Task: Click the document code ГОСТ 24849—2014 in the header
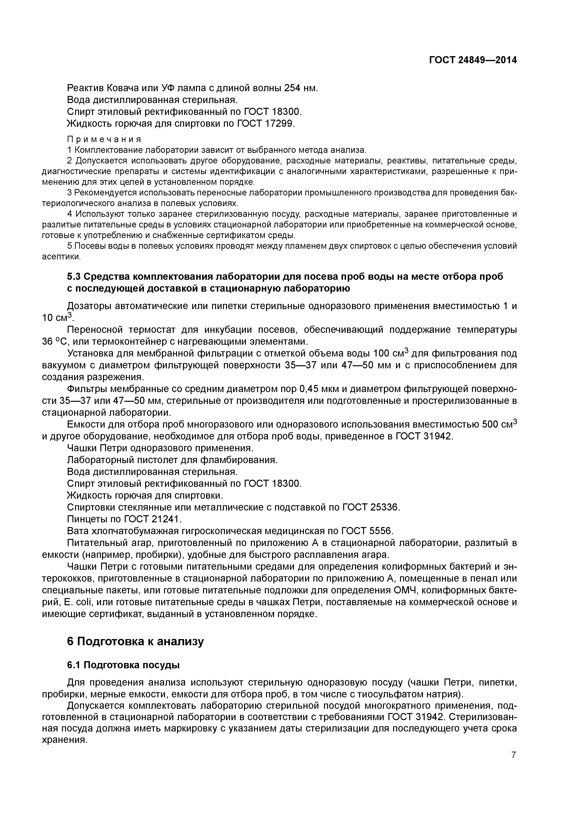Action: pyautogui.click(x=473, y=60)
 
